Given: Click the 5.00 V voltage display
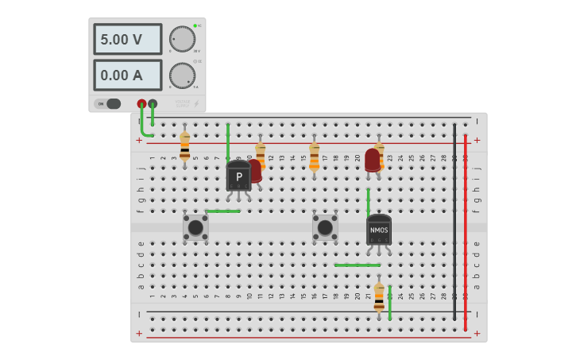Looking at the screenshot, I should pyautogui.click(x=127, y=39).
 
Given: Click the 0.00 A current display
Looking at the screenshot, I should pyautogui.click(x=127, y=75).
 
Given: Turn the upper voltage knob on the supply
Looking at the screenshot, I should pyautogui.click(x=182, y=39).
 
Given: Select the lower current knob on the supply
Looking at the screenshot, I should pyautogui.click(x=182, y=75).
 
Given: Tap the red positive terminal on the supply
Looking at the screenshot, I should pyautogui.click(x=141, y=103).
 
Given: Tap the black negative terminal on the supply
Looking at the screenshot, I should pyautogui.click(x=153, y=103).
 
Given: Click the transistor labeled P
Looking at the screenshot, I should pyautogui.click(x=238, y=176).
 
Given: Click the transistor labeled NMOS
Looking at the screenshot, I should pyautogui.click(x=379, y=230).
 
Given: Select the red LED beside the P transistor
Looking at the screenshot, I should pyautogui.click(x=255, y=169).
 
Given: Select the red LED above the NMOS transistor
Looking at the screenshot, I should pyautogui.click(x=372, y=159).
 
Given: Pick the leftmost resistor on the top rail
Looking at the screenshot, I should pyautogui.click(x=184, y=147).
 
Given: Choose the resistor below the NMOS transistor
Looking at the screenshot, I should pyautogui.click(x=379, y=296).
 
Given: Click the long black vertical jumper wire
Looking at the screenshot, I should pyautogui.click(x=454, y=223).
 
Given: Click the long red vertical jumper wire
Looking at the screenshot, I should pyautogui.click(x=466, y=230).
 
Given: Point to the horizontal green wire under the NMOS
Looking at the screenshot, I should pyautogui.click(x=358, y=265).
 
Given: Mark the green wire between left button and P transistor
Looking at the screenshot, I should pyautogui.click(x=222, y=211).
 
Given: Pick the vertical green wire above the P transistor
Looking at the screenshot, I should pyautogui.click(x=228, y=141).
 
